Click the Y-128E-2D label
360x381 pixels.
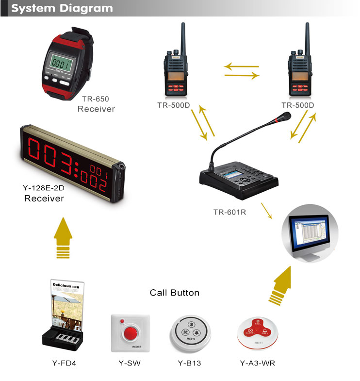pyautogui.click(x=44, y=188)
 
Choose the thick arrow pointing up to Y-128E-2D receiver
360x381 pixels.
pyautogui.click(x=64, y=237)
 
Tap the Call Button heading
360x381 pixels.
pyautogui.click(x=175, y=293)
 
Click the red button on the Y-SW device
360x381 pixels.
pyautogui.click(x=130, y=333)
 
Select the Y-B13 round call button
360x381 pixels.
pyautogui.click(x=190, y=333)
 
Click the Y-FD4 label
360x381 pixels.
pyautogui.click(x=64, y=363)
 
